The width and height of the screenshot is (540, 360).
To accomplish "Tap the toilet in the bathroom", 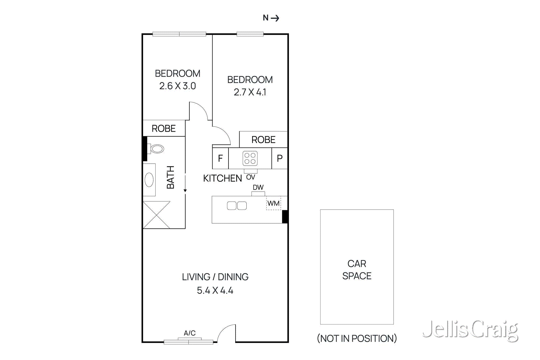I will (157, 149).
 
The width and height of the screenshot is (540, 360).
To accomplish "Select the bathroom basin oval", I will (149, 180).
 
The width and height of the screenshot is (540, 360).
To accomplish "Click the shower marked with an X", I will (157, 215).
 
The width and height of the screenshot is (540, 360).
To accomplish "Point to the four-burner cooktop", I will (250, 158).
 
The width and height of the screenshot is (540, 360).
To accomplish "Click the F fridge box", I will (220, 158).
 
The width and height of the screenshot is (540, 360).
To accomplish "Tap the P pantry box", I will (279, 158).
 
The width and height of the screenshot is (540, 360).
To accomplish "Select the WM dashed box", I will (273, 203).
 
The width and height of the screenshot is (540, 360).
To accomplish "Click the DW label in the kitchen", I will (258, 187).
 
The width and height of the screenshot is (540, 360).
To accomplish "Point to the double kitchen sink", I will (237, 205).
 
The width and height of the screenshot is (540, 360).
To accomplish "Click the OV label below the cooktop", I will (251, 177).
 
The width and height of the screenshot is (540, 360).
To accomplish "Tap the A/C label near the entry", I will (190, 333).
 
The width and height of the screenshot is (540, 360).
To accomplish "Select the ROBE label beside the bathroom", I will (164, 129).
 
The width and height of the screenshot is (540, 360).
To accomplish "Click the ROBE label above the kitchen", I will (263, 140).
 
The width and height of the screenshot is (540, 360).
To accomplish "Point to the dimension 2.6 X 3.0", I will (178, 86).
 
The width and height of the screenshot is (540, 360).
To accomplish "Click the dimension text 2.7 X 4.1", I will (250, 92).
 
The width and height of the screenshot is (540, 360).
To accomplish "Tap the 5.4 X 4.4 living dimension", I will (215, 290).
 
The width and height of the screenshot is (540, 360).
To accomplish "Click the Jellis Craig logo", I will (470, 330).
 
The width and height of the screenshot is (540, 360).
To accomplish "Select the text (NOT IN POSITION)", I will (357, 338).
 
